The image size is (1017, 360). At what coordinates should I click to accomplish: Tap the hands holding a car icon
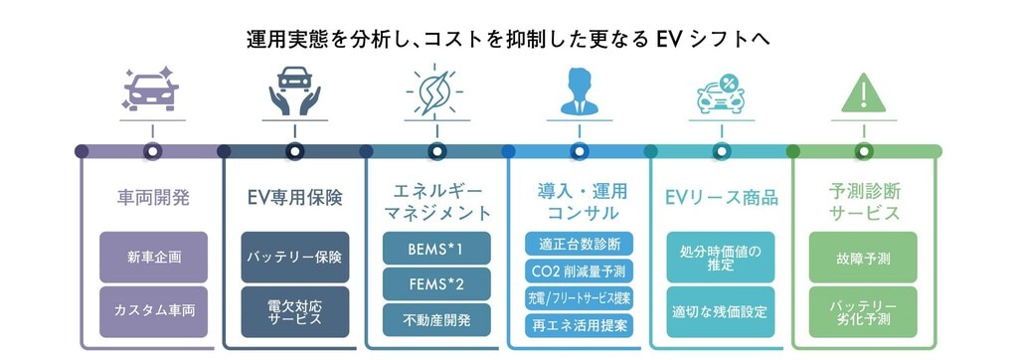coord(294,90)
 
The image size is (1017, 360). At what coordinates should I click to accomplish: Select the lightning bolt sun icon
coord(436,90)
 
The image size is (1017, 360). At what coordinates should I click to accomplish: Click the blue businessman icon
coord(580,90)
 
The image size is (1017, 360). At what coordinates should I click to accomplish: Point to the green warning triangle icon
coord(863,92)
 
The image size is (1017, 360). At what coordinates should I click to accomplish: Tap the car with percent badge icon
coord(721,93)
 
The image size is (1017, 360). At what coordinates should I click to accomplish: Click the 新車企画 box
coord(154,257)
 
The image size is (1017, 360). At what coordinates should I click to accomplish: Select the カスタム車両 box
coord(154,312)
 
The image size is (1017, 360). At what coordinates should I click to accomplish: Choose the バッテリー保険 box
coord(295,257)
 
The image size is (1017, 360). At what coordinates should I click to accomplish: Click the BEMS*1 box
coord(436,249)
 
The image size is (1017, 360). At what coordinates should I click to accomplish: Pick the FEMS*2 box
coord(436,284)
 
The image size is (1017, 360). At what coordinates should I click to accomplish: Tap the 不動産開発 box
coord(436,320)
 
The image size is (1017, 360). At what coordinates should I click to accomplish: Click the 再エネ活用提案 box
coord(580,325)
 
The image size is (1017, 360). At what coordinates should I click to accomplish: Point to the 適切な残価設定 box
coord(721,312)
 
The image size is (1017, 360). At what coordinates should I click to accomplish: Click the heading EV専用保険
coord(295,198)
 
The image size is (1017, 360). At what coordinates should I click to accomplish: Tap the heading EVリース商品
coord(721,198)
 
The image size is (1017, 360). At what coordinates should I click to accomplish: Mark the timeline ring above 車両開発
coord(152,151)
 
